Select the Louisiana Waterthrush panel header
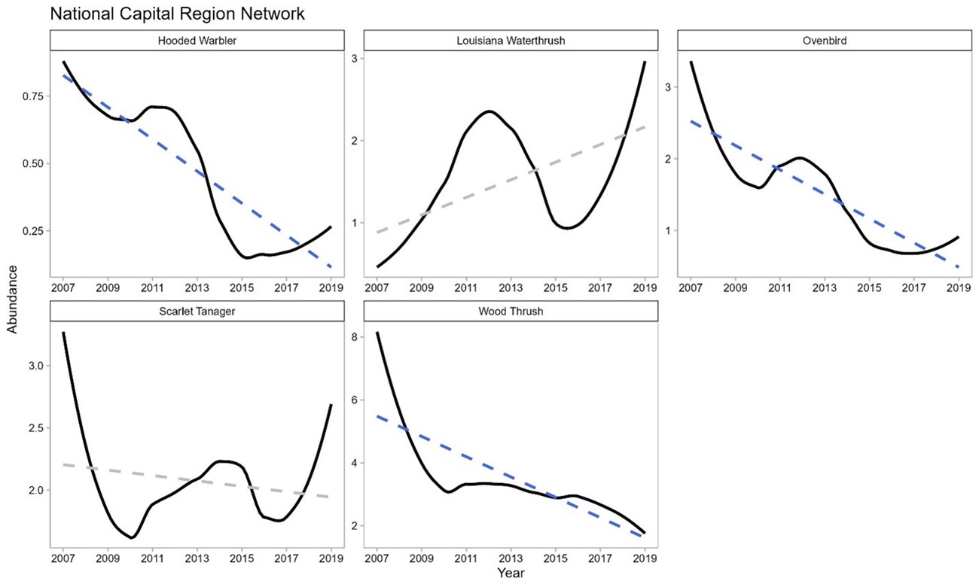point(511,41)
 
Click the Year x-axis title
point(511,573)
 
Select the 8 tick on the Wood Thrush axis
point(353,337)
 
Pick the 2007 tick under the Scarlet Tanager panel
point(63,559)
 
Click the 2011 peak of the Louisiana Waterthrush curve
point(489,111)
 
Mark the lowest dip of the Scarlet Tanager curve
point(132,537)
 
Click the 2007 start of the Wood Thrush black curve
point(377,333)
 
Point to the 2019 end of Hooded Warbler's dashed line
point(331,267)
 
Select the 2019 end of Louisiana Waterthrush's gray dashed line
point(645,127)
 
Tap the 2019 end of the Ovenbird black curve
point(958,237)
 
